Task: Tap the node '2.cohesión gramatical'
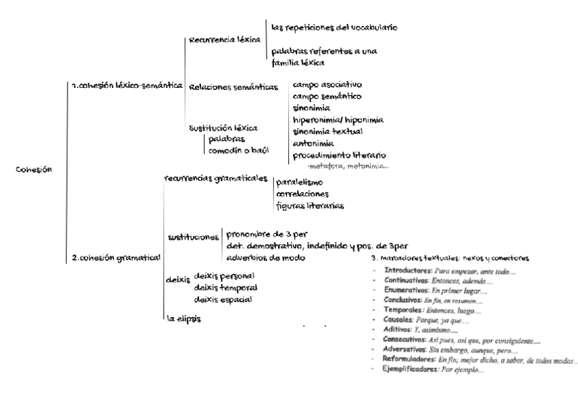(116, 257)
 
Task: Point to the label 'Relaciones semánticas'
(234, 87)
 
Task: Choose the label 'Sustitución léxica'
(223, 127)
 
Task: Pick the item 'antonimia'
(313, 143)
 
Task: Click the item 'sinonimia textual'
(328, 131)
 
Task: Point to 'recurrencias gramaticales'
(215, 178)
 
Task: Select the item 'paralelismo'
(299, 183)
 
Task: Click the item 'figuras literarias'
(310, 204)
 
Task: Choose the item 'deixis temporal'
(226, 287)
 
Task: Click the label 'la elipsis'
(185, 318)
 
